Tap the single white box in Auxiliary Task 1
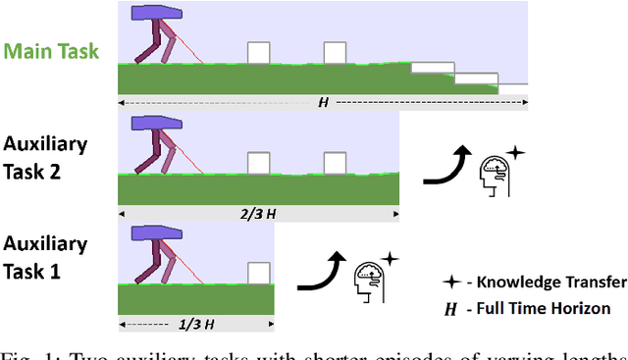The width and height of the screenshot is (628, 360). [x=259, y=273]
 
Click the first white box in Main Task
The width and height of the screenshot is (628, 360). [x=259, y=53]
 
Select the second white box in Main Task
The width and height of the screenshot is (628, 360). [x=336, y=53]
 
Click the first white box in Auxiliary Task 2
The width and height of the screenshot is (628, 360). [x=259, y=163]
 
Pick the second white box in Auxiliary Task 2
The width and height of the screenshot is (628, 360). [x=336, y=163]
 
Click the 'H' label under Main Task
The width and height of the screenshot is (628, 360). [x=322, y=102]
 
